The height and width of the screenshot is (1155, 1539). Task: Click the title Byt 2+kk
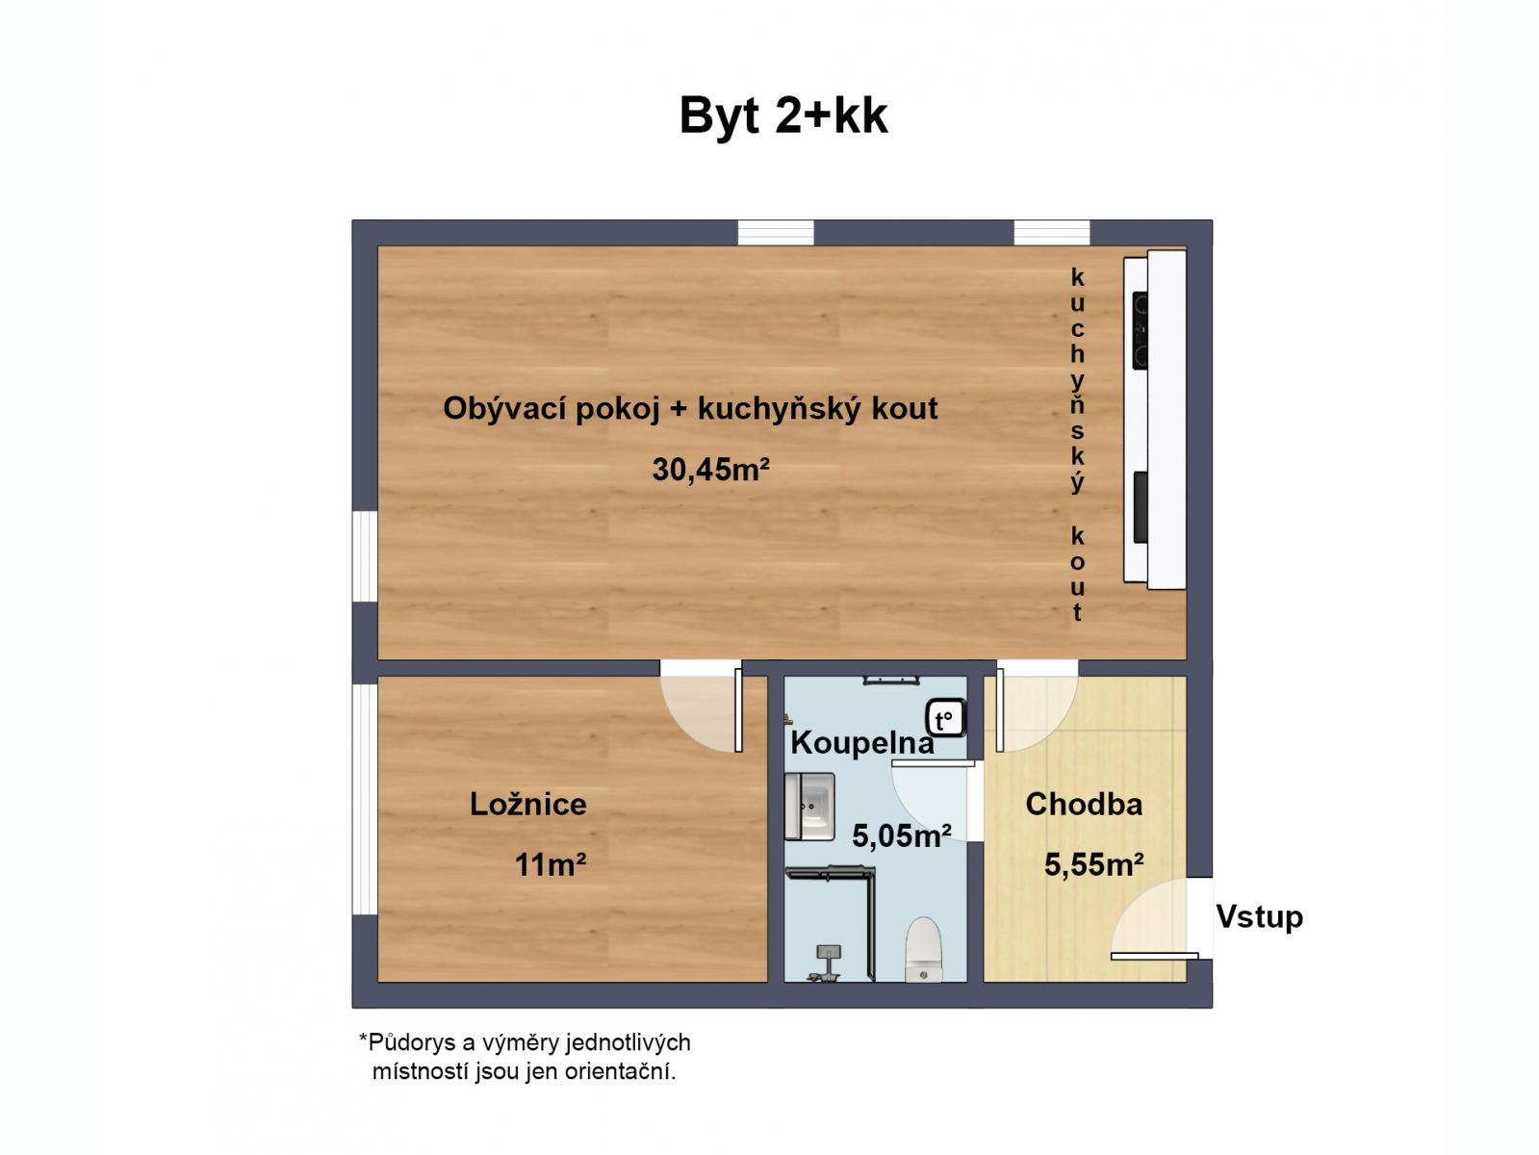pyautogui.click(x=783, y=116)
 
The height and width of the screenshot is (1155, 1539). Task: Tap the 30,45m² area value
pyautogui.click(x=711, y=470)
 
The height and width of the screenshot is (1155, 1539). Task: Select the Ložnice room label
pyautogui.click(x=528, y=804)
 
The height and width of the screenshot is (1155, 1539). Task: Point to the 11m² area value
pyautogui.click(x=551, y=865)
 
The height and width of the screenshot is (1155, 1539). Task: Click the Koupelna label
pyautogui.click(x=861, y=744)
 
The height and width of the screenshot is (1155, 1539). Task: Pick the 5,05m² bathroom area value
pyautogui.click(x=902, y=835)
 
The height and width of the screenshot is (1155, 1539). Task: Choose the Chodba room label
pyautogui.click(x=1084, y=804)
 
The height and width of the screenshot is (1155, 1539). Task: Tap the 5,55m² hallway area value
pyautogui.click(x=1093, y=865)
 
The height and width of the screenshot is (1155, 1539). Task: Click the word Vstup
pyautogui.click(x=1259, y=916)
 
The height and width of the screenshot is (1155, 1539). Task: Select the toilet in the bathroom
pyautogui.click(x=923, y=950)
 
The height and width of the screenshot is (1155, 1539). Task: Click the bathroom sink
pyautogui.click(x=809, y=806)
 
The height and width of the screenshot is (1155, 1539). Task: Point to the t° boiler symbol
pyautogui.click(x=946, y=719)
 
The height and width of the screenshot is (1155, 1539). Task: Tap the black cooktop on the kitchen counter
pyautogui.click(x=1141, y=330)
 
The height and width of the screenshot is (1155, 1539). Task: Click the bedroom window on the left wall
pyautogui.click(x=365, y=798)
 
